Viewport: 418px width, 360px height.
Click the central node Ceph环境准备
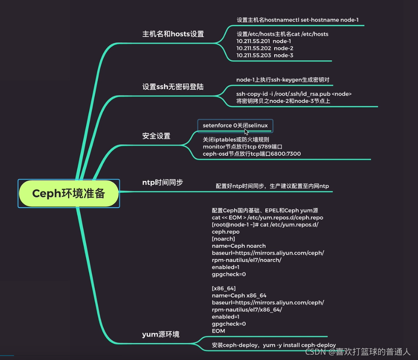[69, 193]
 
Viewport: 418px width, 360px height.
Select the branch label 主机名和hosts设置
[173, 34]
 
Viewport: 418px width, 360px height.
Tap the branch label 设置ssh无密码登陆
[173, 87]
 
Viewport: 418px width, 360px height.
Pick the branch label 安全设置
[156, 136]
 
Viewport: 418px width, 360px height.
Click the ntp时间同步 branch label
[162, 182]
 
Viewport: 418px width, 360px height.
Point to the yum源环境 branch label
[160, 334]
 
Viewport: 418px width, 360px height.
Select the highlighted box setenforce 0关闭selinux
[235, 125]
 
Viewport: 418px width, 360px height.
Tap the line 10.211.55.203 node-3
[265, 55]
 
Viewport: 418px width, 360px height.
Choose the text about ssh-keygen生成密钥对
[283, 80]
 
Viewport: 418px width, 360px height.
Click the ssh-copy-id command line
[294, 94]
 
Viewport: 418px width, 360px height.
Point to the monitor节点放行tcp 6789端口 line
[242, 146]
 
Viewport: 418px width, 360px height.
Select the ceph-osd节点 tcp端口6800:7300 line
[252, 154]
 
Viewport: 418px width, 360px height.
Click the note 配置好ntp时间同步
[272, 186]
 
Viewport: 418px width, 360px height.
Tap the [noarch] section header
[223, 239]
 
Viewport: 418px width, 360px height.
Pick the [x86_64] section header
[220, 289]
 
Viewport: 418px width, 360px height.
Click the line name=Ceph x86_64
[239, 296]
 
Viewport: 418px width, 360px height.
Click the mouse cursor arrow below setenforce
[246, 131]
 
